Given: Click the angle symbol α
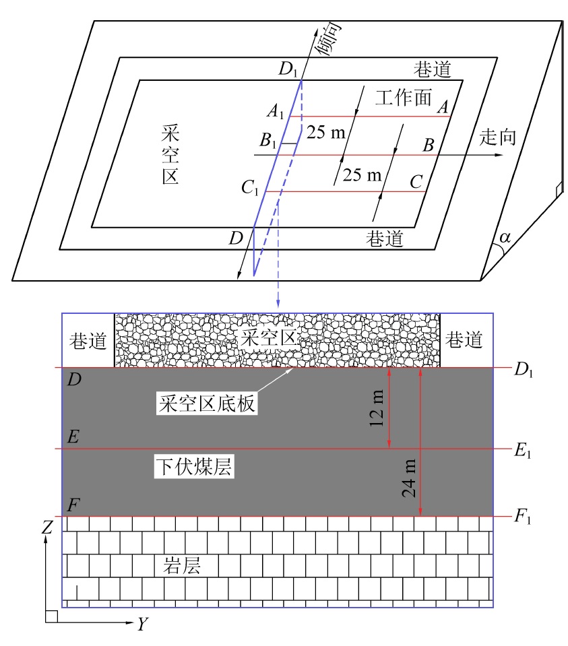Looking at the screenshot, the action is (505, 238).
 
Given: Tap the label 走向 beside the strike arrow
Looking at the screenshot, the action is (497, 137).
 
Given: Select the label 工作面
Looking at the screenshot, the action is (403, 98).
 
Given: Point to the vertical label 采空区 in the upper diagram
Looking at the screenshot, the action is (170, 154).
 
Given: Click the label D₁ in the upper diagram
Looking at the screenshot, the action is (288, 69).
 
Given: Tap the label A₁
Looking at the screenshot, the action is (276, 111).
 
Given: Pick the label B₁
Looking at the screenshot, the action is (268, 141).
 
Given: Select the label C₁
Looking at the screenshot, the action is (250, 188).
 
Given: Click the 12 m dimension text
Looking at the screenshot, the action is (377, 408).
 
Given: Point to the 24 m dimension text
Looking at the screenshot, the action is (409, 479).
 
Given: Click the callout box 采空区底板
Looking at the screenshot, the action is (207, 403).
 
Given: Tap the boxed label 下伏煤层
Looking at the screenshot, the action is (194, 466).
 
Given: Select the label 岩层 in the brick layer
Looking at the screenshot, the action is (182, 565).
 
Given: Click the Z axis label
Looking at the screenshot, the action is (47, 527).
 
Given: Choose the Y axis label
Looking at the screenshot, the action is (142, 624).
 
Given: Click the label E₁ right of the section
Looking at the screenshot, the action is (523, 451).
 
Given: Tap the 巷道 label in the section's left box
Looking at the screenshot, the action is (88, 341).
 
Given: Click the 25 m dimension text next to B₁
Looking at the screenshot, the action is (326, 132).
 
